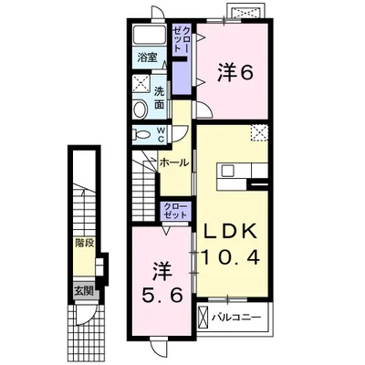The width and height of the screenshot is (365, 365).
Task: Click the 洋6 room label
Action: tap(234, 72)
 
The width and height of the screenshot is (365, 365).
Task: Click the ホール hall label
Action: tap(173, 162)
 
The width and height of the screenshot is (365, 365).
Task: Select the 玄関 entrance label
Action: tap(83, 292)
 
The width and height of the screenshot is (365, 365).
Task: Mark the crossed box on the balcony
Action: tap(203, 318)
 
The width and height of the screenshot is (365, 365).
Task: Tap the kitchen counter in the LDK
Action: tap(241, 172)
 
